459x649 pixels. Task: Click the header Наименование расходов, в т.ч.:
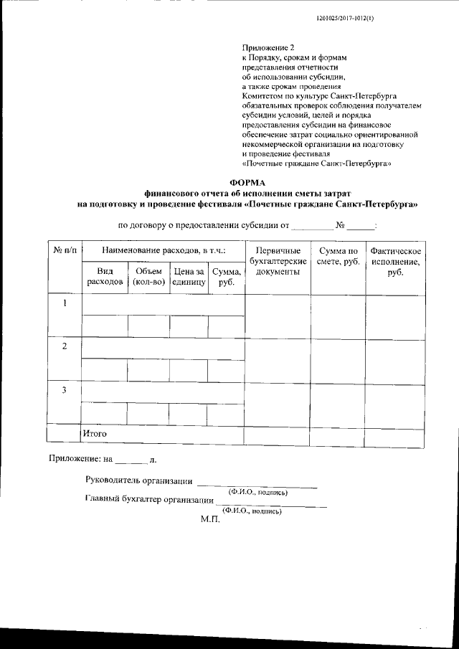(164, 251)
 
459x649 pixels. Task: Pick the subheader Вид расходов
(105, 277)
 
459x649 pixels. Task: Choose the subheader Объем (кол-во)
(148, 277)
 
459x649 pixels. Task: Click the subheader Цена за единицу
(189, 277)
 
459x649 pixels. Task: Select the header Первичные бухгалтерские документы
(278, 261)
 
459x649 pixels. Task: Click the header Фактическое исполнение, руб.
(395, 261)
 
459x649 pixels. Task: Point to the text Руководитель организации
(138, 480)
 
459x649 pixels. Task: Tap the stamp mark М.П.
(209, 518)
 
